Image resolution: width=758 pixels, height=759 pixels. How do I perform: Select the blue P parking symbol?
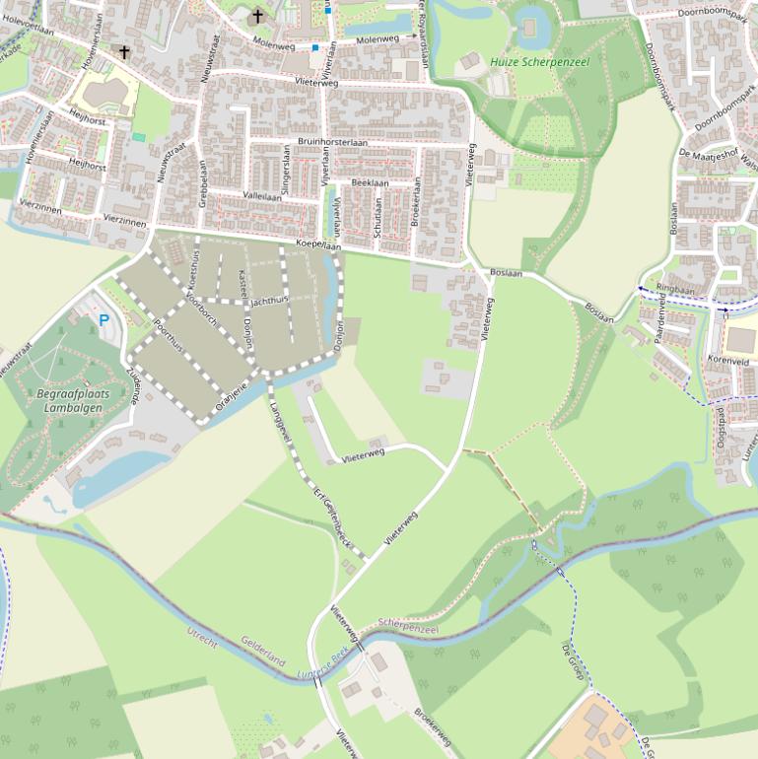coord(103,320)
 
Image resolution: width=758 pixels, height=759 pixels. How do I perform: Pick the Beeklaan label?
coord(370,183)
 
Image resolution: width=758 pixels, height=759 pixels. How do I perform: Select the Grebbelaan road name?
coord(203,181)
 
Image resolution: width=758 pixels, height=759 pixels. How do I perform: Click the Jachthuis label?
coord(269,300)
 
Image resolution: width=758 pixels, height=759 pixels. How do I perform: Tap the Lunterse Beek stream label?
coord(323,665)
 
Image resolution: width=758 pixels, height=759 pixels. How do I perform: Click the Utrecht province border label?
coord(202,636)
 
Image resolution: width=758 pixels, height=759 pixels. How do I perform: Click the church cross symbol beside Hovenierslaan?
coord(124,52)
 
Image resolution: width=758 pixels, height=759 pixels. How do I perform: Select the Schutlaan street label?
coord(378,224)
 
